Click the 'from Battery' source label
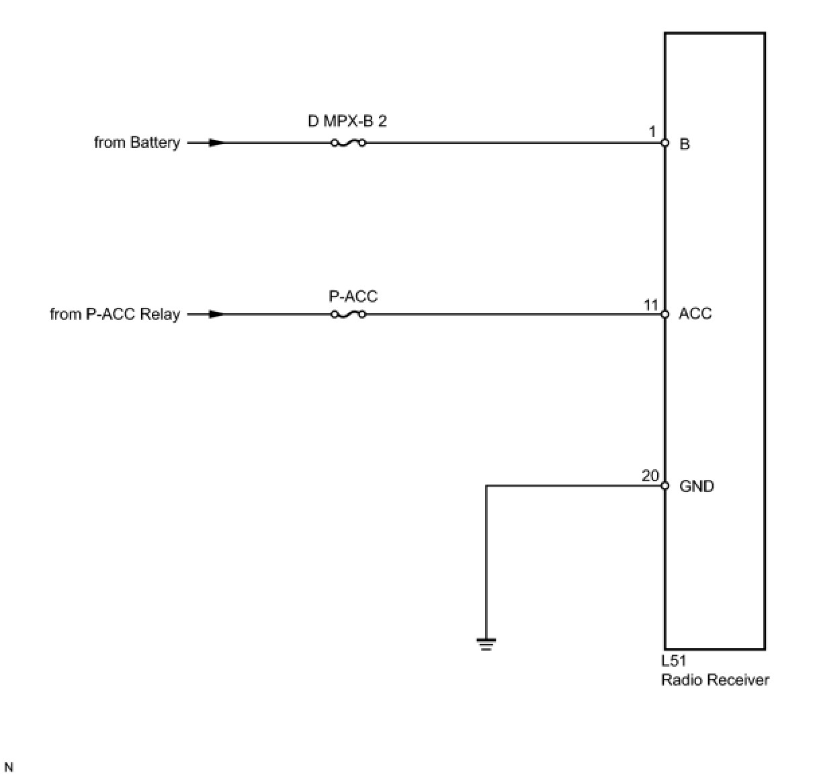tap(137, 142)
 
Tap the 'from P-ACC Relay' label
tap(115, 314)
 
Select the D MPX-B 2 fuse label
tap(347, 122)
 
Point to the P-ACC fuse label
tap(353, 296)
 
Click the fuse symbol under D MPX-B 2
tap(348, 142)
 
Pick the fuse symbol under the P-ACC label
tap(348, 314)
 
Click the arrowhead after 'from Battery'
tap(215, 142)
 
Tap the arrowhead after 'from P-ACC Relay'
tap(215, 314)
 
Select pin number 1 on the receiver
tap(652, 132)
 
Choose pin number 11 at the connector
tap(651, 304)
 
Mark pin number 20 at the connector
tap(650, 476)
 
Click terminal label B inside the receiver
tap(685, 144)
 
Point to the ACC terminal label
tap(695, 314)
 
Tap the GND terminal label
tap(697, 486)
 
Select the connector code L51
tap(673, 661)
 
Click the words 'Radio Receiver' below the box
tap(715, 680)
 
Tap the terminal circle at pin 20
tap(665, 485)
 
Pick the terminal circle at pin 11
tap(665, 314)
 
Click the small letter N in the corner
tap(9, 767)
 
